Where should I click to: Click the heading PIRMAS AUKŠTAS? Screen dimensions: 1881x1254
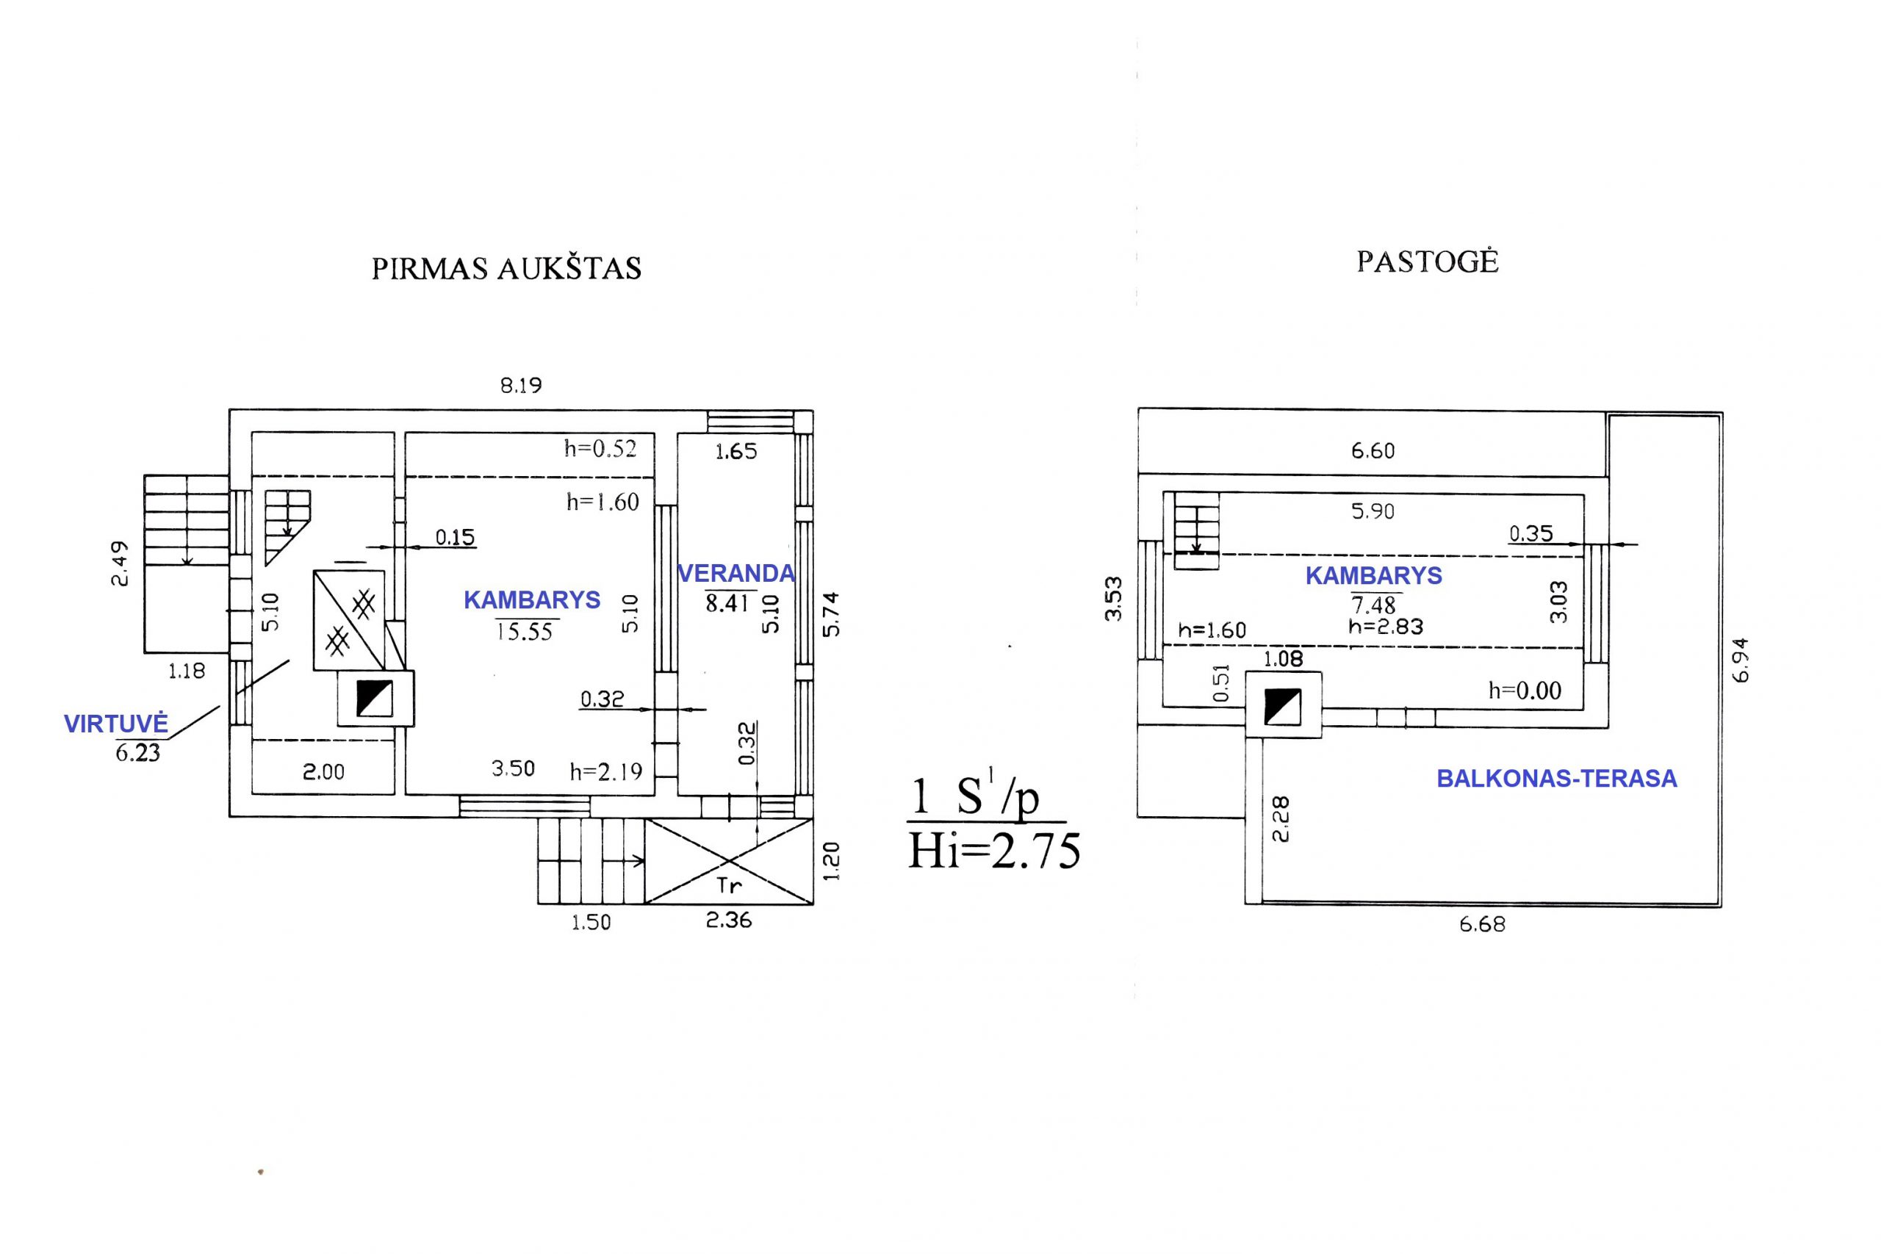point(506,268)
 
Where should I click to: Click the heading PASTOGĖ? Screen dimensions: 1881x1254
point(1427,262)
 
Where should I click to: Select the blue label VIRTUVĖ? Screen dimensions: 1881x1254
point(116,724)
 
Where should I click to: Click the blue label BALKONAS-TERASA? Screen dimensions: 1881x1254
point(1556,778)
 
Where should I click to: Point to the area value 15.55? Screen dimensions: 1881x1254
point(525,632)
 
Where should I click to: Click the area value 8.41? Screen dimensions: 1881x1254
point(727,603)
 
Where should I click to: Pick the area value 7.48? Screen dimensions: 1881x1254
point(1373,605)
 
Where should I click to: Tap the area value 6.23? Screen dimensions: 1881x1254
point(137,752)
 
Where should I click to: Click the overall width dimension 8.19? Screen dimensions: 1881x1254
point(521,386)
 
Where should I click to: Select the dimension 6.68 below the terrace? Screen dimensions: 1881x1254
point(1482,924)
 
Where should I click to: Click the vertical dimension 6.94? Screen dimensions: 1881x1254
point(1741,660)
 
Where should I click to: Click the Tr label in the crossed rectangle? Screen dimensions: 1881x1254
point(729,885)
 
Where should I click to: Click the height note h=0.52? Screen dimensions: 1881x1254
point(600,448)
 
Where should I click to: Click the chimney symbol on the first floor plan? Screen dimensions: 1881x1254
point(374,698)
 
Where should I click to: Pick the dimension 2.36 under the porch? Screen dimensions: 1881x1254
point(729,920)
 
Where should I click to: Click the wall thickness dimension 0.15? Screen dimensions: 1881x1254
point(455,536)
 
